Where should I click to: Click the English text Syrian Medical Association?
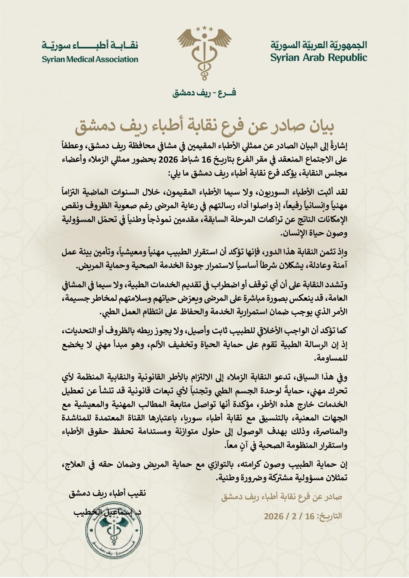click(x=90, y=59)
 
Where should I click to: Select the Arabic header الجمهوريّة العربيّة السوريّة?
click(x=319, y=45)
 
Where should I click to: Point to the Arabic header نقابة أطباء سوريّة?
click(x=90, y=46)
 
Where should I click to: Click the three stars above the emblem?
click(x=204, y=28)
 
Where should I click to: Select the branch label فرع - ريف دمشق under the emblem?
click(x=204, y=93)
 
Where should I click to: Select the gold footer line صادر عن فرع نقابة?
click(x=281, y=497)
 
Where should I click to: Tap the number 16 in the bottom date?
click(x=309, y=516)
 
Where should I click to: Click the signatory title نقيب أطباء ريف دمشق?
click(x=107, y=493)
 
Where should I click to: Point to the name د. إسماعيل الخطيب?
click(x=107, y=512)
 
